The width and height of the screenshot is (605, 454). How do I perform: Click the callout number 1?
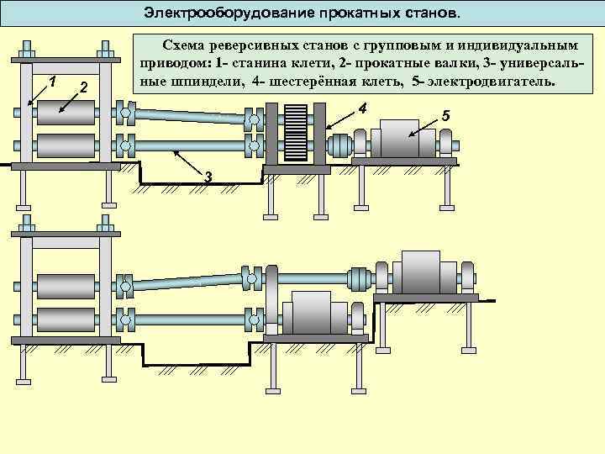[52, 82]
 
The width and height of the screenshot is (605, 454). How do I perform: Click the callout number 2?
[82, 88]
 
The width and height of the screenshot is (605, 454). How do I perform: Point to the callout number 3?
[208, 174]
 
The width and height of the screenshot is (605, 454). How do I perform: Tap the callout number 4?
[362, 108]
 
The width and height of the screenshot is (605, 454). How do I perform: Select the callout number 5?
[446, 114]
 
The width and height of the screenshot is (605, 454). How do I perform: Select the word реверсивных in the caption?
[260, 44]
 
